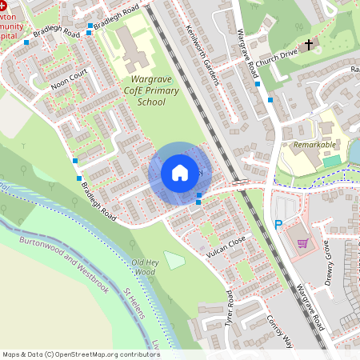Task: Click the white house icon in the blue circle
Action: coord(180,173)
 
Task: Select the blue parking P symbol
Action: coord(279,226)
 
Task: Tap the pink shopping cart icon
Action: coord(302,242)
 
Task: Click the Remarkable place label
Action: coord(314,145)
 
